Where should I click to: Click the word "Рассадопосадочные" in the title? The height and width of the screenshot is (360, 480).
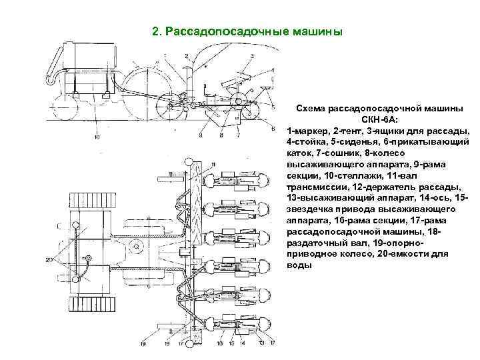tap(221, 31)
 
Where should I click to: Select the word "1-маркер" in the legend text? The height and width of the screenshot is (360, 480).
tap(309, 130)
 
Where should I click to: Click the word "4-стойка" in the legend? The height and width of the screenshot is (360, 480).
tap(305, 141)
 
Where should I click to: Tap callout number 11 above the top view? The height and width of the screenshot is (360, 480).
tap(212, 164)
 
